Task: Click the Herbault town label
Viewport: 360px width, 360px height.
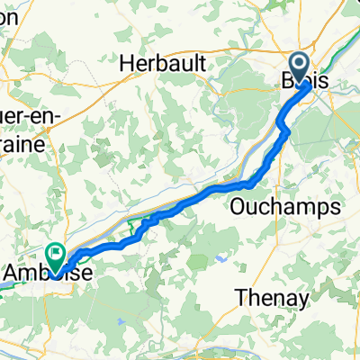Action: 165,62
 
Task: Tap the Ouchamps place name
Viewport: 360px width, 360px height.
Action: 290,206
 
